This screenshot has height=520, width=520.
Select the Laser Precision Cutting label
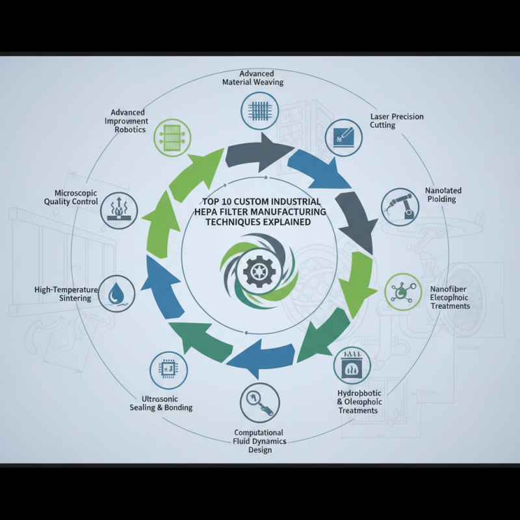(396, 121)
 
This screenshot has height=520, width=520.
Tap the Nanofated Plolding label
(443, 194)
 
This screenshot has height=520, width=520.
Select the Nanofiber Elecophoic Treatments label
(450, 297)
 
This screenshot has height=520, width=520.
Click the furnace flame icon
(350, 365)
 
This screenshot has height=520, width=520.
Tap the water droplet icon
(117, 293)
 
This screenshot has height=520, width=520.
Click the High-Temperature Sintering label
(66, 294)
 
